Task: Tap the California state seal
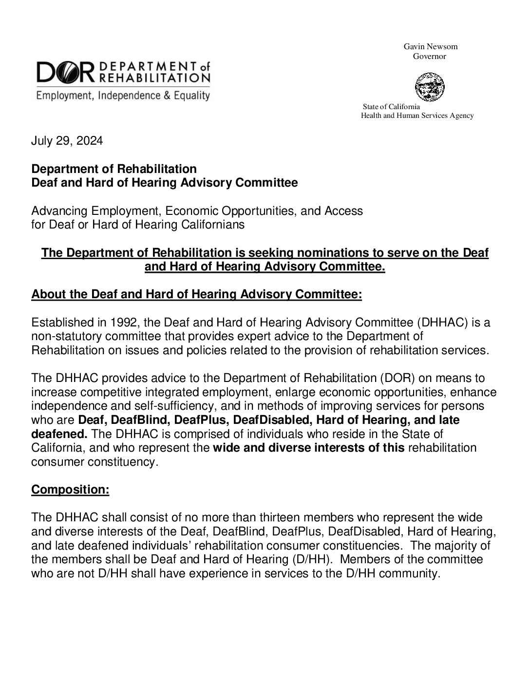(x=429, y=87)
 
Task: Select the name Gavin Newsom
(x=431, y=47)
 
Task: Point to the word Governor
(x=430, y=57)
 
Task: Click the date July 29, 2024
(x=67, y=141)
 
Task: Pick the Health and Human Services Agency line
(x=417, y=115)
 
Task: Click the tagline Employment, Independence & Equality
(x=121, y=95)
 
